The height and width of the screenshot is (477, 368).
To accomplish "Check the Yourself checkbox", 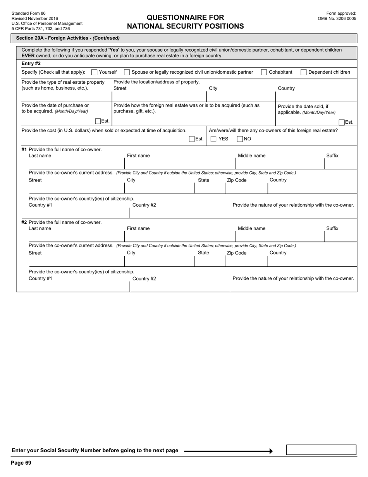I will click(x=94, y=72).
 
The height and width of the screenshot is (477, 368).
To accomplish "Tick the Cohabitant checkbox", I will click(x=264, y=72).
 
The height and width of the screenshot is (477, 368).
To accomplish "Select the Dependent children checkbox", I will click(x=304, y=72).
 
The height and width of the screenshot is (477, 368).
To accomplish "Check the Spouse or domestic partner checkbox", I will click(x=127, y=72).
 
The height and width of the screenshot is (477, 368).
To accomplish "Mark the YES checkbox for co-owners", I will click(x=213, y=139).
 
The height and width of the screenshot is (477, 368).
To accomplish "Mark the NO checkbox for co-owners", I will click(x=240, y=139).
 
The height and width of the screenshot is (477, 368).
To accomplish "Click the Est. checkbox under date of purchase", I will click(x=98, y=121).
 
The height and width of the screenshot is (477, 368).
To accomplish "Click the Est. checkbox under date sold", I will click(x=342, y=122).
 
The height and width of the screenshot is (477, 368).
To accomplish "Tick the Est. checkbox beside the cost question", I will click(x=192, y=139).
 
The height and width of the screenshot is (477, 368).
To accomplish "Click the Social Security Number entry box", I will click(x=321, y=450).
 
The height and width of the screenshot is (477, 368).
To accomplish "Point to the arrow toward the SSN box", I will click(x=229, y=451).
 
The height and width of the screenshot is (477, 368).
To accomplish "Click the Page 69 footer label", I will click(x=21, y=463).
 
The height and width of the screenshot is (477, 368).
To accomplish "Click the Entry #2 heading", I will click(x=31, y=63).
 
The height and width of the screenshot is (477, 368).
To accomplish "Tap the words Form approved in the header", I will click(x=341, y=13).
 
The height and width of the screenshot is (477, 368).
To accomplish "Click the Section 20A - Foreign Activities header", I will click(x=68, y=38).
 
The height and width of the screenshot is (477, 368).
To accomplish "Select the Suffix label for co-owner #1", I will click(x=332, y=156).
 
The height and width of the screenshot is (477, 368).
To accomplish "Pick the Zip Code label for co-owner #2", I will click(x=236, y=253).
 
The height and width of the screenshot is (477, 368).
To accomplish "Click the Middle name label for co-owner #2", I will click(x=251, y=228).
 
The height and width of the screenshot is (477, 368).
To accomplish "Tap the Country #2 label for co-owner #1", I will click(x=144, y=205).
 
